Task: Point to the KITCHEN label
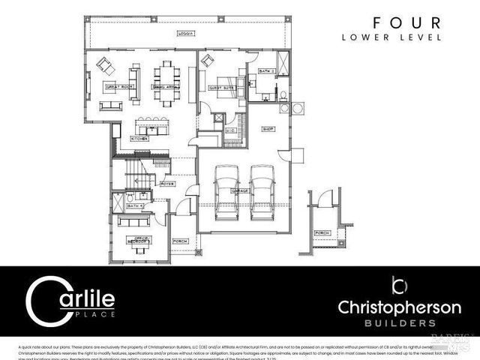(x=140, y=139)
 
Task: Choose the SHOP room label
(x=268, y=128)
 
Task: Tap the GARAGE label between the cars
(x=241, y=190)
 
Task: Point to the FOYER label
(x=166, y=182)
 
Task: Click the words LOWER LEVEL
(x=391, y=37)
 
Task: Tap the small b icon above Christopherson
(x=399, y=286)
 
